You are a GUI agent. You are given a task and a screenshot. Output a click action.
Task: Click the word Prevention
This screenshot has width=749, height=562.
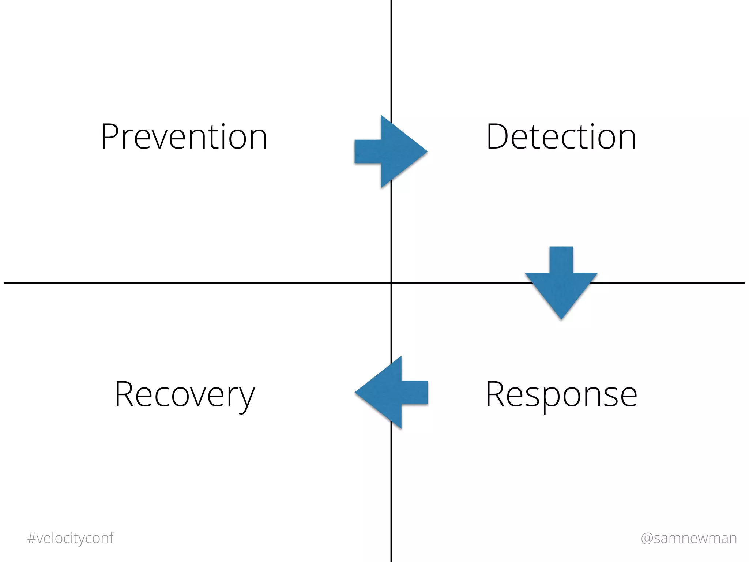(x=184, y=136)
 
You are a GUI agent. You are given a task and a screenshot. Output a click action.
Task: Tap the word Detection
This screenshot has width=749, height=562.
(x=561, y=136)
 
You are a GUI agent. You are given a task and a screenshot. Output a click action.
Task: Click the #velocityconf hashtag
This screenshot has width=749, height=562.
(x=70, y=538)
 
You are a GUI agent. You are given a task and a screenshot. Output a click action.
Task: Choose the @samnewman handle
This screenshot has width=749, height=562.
(x=689, y=538)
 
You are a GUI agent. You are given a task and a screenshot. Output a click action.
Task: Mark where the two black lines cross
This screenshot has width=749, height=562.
(x=391, y=283)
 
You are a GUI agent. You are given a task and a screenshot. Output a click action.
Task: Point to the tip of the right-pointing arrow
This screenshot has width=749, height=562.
(x=426, y=151)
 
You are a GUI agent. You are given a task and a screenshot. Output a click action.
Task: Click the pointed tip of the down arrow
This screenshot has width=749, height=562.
(x=561, y=319)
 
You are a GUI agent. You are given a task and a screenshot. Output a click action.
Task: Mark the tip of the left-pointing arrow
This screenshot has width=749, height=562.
(x=356, y=392)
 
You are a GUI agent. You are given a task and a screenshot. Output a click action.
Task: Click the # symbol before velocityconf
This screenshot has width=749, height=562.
(x=31, y=538)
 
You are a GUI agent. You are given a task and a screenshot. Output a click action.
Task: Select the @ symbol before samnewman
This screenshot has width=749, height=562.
(x=647, y=538)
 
